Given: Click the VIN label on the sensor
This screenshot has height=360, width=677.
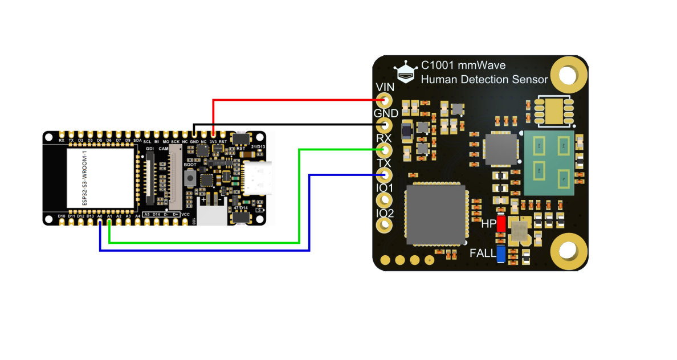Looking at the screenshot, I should point(385,87).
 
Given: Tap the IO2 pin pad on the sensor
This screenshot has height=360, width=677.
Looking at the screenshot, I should point(385,226).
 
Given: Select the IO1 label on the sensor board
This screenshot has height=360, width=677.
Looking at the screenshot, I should point(385,188).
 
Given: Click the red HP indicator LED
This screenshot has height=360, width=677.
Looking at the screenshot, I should point(501,224).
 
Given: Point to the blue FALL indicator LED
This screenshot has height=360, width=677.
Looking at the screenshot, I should point(501,253).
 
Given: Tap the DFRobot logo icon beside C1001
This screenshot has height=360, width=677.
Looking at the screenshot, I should point(406,72).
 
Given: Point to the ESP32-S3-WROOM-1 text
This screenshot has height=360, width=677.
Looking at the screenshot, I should point(85,178).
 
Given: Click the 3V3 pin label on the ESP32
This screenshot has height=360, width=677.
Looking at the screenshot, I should point(213,140).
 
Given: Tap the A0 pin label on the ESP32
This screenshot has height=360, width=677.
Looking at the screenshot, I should point(100,216).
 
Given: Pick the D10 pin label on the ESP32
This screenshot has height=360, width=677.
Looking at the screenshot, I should point(62,216).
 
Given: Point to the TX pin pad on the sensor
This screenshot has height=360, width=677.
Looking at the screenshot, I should point(385,175).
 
